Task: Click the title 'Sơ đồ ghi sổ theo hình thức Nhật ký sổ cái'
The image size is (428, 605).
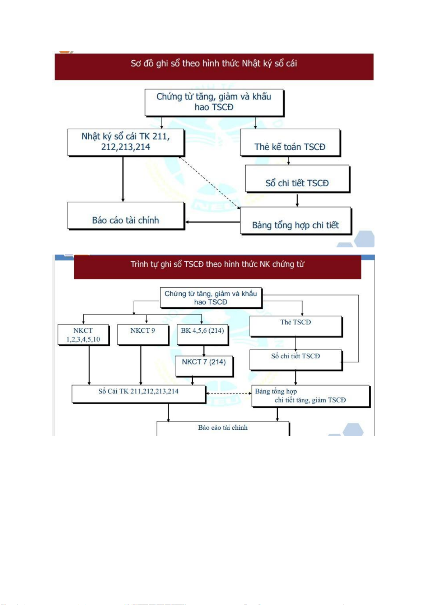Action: click(x=214, y=64)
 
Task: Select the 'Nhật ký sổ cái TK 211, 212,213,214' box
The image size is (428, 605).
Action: click(x=126, y=142)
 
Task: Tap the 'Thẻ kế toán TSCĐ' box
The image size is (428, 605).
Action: click(x=290, y=143)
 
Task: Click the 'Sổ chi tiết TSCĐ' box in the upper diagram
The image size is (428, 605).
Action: click(x=297, y=179)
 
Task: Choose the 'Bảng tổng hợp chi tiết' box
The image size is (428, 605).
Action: click(x=295, y=221)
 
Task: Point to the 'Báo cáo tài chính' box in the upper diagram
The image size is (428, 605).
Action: click(x=126, y=216)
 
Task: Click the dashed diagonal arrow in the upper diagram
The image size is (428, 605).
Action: click(x=210, y=182)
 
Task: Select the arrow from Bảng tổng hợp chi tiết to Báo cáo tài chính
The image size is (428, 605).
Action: click(x=213, y=222)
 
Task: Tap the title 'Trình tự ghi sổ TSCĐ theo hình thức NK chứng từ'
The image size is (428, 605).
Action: click(x=217, y=265)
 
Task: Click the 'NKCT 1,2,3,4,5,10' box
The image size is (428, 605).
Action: click(x=83, y=335)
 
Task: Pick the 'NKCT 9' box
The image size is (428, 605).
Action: click(x=143, y=335)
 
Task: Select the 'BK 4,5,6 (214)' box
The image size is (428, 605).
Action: click(x=203, y=335)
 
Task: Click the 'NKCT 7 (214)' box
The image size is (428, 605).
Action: click(x=204, y=366)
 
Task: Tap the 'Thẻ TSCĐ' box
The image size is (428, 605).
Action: click(x=296, y=326)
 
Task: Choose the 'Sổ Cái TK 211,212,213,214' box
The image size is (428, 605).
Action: click(x=139, y=394)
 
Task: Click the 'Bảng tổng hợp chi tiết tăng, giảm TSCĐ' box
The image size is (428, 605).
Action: click(x=310, y=396)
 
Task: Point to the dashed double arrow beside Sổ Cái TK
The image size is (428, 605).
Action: click(x=229, y=394)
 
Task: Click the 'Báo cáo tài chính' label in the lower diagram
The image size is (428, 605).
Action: click(x=223, y=428)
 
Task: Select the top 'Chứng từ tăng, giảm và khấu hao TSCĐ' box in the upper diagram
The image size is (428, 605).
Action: click(x=214, y=102)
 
